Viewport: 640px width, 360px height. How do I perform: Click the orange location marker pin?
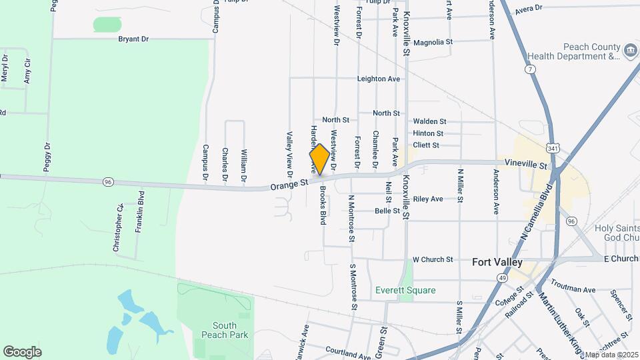click(x=319, y=159)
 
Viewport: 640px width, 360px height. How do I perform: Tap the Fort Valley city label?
click(x=497, y=262)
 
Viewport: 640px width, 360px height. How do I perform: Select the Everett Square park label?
click(x=405, y=290)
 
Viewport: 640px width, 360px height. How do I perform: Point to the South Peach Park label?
click(x=215, y=330)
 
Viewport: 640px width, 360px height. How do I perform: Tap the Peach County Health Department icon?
click(x=630, y=50)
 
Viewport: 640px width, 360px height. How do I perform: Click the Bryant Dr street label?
click(x=133, y=39)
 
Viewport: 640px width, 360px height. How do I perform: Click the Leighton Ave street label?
click(x=379, y=79)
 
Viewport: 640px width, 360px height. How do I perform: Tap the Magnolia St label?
click(x=433, y=42)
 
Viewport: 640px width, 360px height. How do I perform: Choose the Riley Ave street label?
click(x=427, y=199)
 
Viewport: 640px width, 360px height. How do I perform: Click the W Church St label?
click(x=433, y=259)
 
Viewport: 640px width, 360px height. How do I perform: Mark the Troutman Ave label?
click(x=573, y=289)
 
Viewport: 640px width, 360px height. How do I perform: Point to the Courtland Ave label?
click(x=347, y=350)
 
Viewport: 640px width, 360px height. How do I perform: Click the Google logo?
click(x=22, y=352)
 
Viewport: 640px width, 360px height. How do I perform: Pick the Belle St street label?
click(x=387, y=211)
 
